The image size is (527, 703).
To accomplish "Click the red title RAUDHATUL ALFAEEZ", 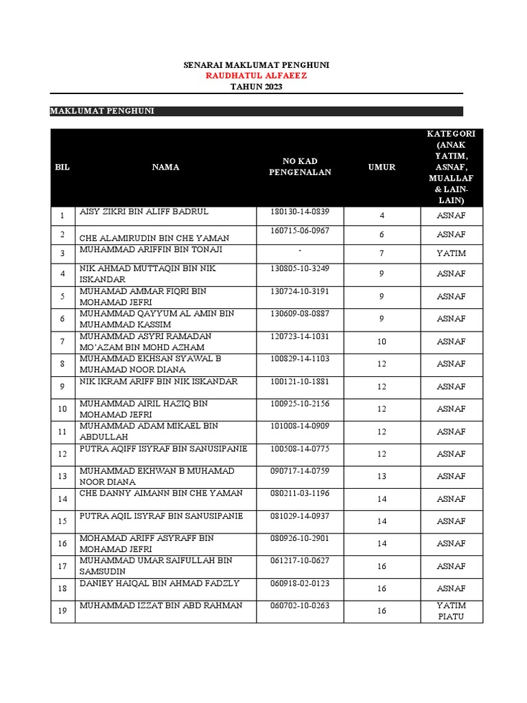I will point(256,76).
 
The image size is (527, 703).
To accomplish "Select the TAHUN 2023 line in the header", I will point(256,87).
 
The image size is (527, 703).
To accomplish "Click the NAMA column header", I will point(166,167).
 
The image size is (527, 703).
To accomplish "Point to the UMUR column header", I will point(382,167).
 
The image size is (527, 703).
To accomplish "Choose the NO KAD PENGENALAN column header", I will point(300,167).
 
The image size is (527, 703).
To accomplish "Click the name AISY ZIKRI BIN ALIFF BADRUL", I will point(144,211).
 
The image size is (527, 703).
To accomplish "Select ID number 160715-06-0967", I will point(300,231).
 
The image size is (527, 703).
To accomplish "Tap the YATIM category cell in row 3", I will point(451,253).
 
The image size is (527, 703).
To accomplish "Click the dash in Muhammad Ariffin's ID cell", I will point(300,250).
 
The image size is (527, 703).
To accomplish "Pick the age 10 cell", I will point(382,341).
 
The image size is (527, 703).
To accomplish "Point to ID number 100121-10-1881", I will point(300,381).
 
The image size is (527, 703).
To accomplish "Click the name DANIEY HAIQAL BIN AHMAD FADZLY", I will point(159,583).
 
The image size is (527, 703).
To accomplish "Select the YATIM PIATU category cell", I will point(451,611).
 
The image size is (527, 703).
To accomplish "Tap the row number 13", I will point(62,476).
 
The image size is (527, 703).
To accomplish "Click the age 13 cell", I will point(382,476).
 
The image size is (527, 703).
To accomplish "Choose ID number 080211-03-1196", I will point(300,493).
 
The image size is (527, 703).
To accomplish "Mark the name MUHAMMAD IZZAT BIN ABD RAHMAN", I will point(161,606).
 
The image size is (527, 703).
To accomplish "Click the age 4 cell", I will point(382,216).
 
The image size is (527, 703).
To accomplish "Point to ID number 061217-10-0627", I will point(300,560).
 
